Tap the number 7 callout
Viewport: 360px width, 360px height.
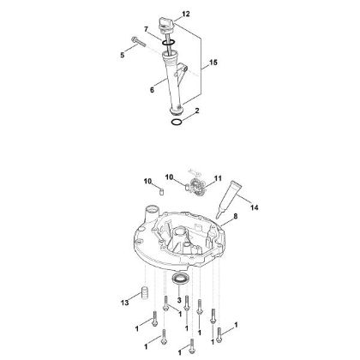[147, 30]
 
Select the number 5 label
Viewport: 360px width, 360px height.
[122, 55]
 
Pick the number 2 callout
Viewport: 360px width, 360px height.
[196, 111]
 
